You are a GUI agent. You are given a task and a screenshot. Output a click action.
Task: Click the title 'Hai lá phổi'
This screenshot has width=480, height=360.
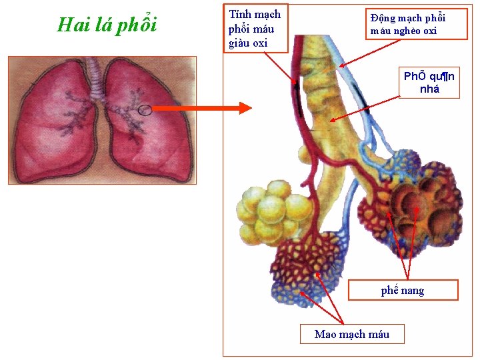pyautogui.click(x=107, y=25)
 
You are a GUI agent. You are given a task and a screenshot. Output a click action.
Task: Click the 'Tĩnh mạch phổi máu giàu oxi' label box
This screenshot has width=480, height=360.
pyautogui.click(x=255, y=28)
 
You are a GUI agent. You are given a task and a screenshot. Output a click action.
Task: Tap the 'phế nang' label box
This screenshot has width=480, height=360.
pyautogui.click(x=403, y=290)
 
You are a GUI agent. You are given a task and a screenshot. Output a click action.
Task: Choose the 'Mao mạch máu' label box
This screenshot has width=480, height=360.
pyautogui.click(x=351, y=334)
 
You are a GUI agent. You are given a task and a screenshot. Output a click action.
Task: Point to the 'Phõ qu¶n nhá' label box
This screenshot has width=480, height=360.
pyautogui.click(x=429, y=83)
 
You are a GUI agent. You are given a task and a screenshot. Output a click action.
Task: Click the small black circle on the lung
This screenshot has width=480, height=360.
pyautogui.click(x=145, y=110)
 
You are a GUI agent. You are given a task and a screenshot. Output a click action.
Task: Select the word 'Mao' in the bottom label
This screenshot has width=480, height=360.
pyautogui.click(x=326, y=334)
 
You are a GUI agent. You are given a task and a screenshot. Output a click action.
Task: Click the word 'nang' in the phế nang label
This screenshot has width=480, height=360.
pyautogui.click(x=413, y=291)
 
